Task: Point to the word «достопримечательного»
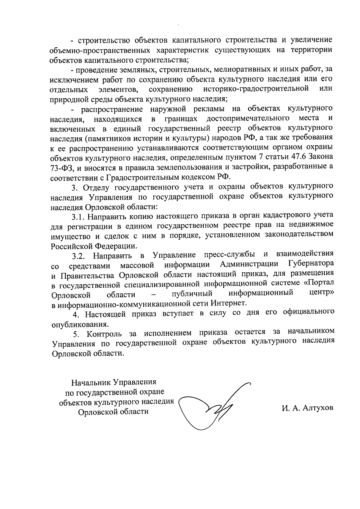point(248,118)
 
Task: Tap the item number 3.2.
point(79,256)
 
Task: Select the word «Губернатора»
point(310,264)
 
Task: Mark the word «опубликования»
point(79,324)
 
